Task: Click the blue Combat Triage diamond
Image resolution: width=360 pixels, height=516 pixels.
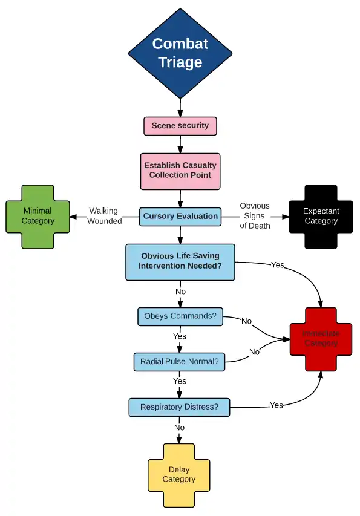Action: pos(180,53)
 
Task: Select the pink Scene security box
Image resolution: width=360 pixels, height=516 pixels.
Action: pos(180,126)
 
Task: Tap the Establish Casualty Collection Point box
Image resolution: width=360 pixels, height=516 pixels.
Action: pos(180,171)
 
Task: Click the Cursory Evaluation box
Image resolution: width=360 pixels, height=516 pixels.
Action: pos(180,217)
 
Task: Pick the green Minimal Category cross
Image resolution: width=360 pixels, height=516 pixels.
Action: pos(38,217)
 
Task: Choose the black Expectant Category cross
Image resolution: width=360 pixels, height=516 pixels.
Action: pos(321,217)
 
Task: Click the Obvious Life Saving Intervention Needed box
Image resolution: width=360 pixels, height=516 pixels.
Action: pos(180,263)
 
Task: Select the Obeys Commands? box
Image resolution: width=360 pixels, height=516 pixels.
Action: pos(180,316)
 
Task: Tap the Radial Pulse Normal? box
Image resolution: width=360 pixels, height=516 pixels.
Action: pos(179,362)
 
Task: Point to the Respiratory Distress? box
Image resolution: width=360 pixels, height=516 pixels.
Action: pos(179,407)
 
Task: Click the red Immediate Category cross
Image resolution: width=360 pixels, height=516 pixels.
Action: pos(321,339)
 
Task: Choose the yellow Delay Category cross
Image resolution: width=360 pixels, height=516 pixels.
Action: pos(179,475)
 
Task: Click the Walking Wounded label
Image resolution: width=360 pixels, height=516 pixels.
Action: pos(104,216)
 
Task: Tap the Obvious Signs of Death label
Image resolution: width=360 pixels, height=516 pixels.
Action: pos(255,216)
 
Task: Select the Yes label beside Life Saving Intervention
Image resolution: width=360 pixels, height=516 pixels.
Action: pos(278,265)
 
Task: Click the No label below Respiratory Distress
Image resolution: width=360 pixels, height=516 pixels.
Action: pos(179,428)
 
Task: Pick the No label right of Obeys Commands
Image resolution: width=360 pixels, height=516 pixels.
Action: pos(246,321)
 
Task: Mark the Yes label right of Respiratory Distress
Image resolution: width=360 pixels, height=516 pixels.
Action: pos(277,405)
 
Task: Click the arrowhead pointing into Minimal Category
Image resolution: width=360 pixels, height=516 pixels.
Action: pos(73,217)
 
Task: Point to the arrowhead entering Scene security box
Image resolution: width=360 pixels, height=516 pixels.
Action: pos(180,113)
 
